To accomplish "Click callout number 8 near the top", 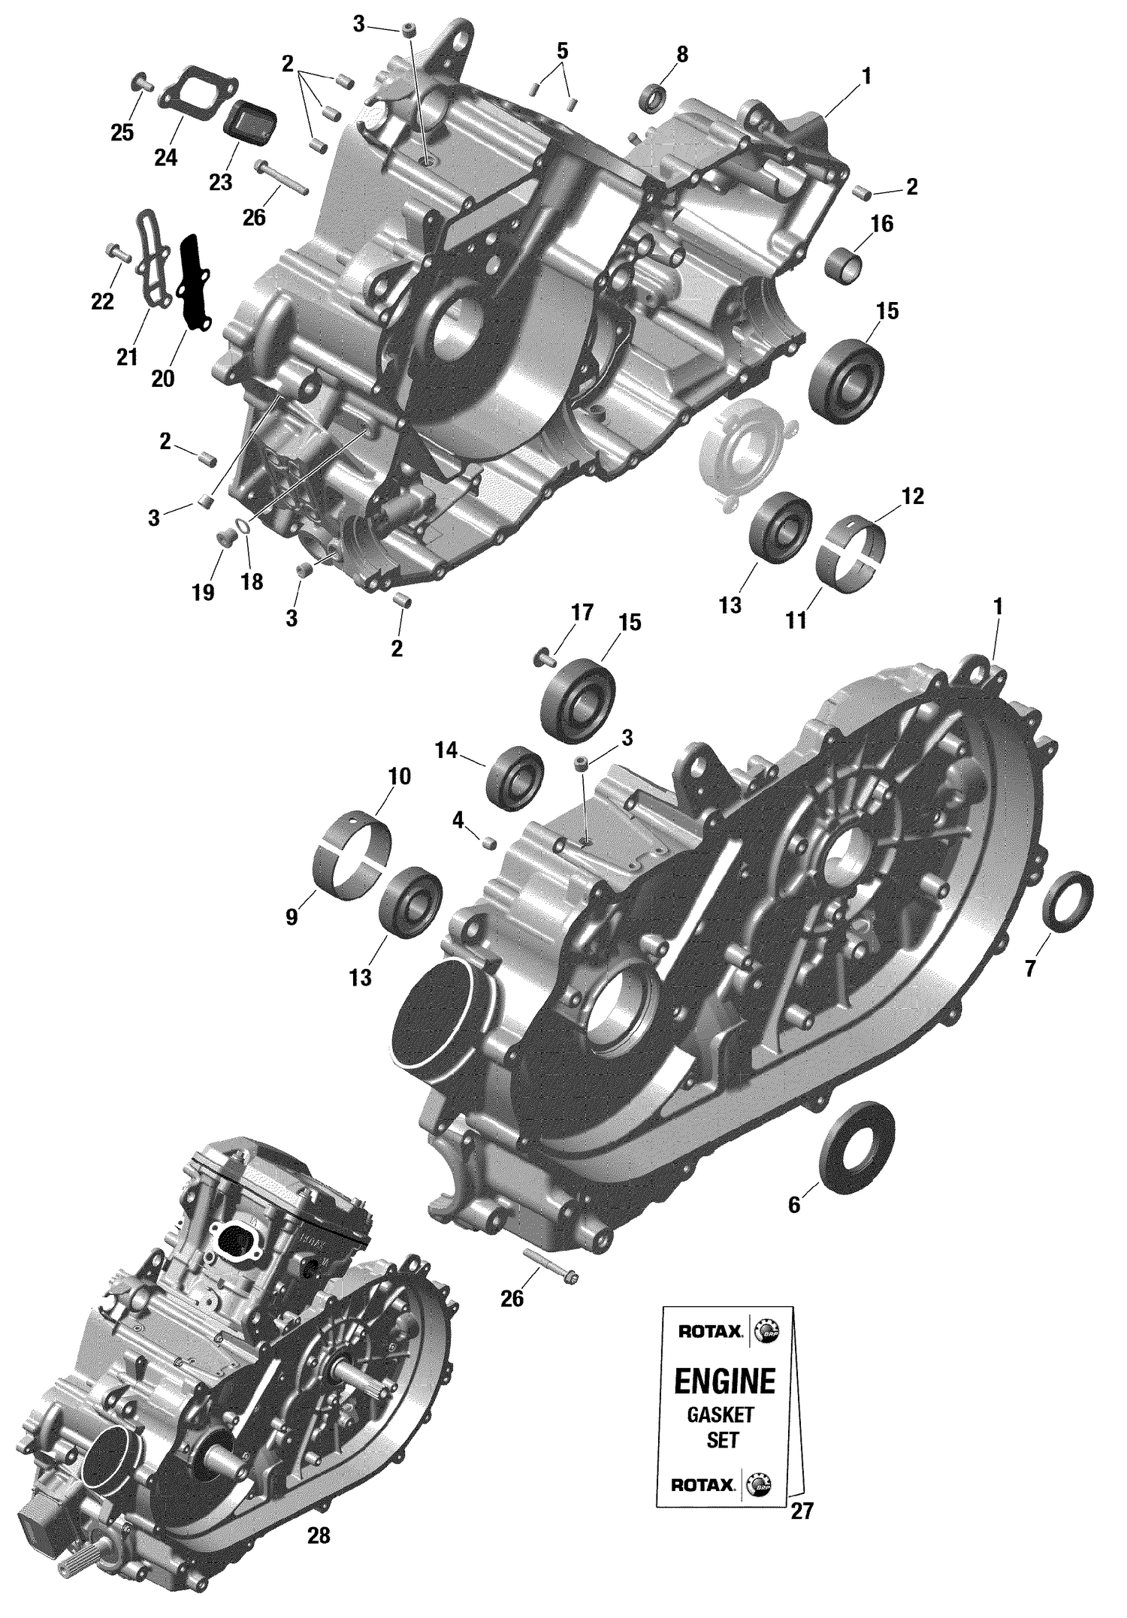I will [681, 54].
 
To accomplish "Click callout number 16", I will [882, 223].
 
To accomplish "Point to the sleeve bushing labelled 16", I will [844, 266].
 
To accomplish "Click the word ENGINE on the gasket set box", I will [724, 1381].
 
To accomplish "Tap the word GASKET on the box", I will [720, 1415].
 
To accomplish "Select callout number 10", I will [400, 776].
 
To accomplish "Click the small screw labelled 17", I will [542, 658].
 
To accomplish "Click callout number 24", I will [165, 158].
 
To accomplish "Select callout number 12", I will [913, 497].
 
